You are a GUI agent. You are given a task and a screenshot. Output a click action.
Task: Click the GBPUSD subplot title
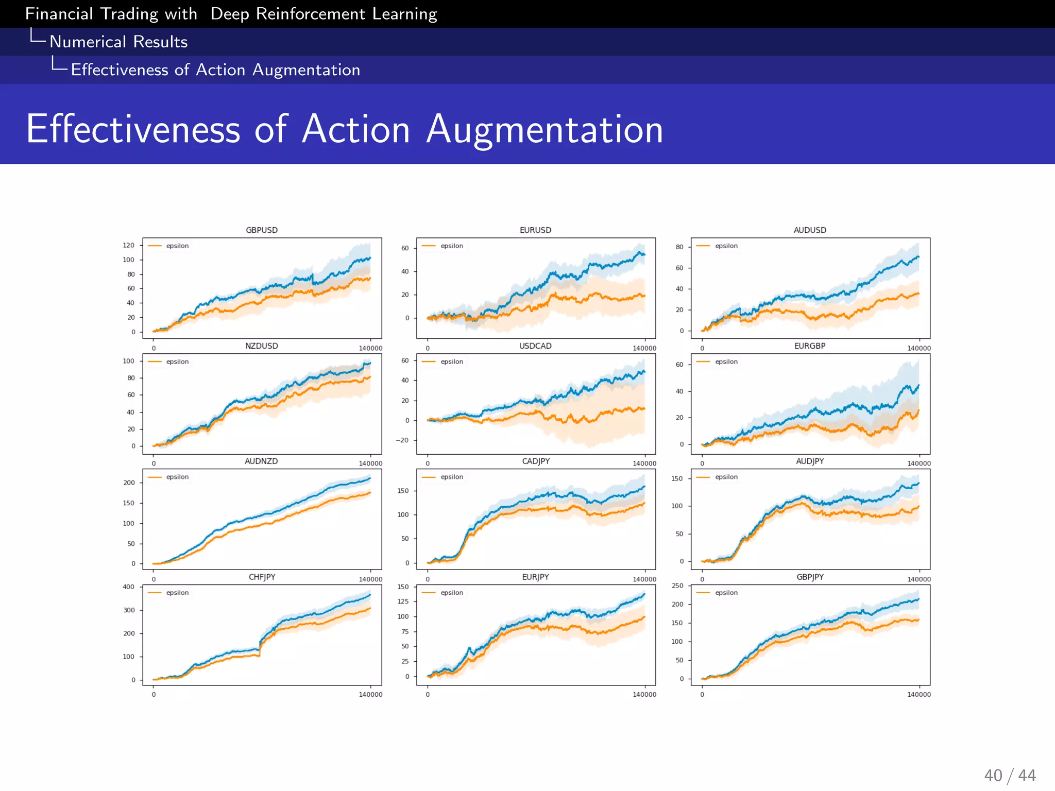pyautogui.click(x=262, y=230)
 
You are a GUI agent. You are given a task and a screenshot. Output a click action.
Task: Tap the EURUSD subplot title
pyautogui.click(x=535, y=230)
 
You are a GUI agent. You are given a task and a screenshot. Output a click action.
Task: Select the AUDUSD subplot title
pyautogui.click(x=810, y=230)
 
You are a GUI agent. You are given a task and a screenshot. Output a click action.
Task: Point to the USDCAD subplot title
pyautogui.click(x=535, y=346)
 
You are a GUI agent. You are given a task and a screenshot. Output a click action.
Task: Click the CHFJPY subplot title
pyautogui.click(x=262, y=577)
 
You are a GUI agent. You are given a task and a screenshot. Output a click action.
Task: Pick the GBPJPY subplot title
pyautogui.click(x=810, y=577)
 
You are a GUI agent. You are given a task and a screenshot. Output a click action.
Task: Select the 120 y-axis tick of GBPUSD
pyautogui.click(x=128, y=245)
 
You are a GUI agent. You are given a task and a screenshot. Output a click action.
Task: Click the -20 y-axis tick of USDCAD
pyautogui.click(x=402, y=440)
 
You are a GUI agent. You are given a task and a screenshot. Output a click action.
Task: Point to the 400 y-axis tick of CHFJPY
pyautogui.click(x=128, y=587)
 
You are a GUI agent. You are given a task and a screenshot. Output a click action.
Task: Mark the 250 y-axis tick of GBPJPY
pyautogui.click(x=677, y=586)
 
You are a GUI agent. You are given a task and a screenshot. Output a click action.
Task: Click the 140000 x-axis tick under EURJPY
pyautogui.click(x=644, y=695)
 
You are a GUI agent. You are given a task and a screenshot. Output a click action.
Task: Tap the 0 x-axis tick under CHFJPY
pyautogui.click(x=154, y=695)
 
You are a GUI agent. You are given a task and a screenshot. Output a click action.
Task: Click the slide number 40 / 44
pyautogui.click(x=1010, y=776)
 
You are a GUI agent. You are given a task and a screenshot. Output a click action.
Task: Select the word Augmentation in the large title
pyautogui.click(x=544, y=129)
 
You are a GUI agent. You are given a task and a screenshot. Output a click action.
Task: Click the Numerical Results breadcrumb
pyautogui.click(x=118, y=42)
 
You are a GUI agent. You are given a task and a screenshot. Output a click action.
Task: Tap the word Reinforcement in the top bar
pyautogui.click(x=310, y=14)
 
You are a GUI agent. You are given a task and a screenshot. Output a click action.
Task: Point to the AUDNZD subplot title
pyautogui.click(x=261, y=461)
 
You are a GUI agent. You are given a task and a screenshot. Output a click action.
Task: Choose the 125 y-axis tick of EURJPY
pyautogui.click(x=403, y=601)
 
